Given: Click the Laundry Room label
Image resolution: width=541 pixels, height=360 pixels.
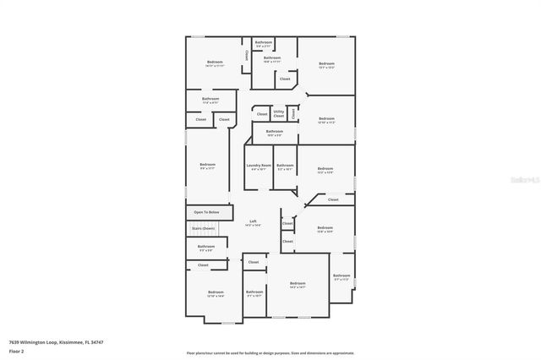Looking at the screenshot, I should pyautogui.click(x=259, y=166).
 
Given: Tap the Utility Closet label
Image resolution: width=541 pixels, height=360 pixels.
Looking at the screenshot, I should pyautogui.click(x=278, y=112).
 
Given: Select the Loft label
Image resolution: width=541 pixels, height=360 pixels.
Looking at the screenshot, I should pyautogui.click(x=253, y=221).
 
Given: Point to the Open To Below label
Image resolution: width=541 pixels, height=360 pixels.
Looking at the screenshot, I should pyautogui.click(x=206, y=212).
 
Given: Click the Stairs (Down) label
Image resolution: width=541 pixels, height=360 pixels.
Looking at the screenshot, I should pyautogui.click(x=203, y=228).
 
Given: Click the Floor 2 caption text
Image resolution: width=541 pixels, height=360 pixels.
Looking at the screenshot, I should pyautogui.click(x=18, y=351).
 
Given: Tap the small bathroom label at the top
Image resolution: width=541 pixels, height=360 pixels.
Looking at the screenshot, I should pyautogui.click(x=264, y=42).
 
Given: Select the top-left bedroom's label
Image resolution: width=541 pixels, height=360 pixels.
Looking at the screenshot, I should pyautogui.click(x=215, y=63).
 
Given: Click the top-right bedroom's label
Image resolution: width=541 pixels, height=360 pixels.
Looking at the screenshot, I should pyautogui.click(x=326, y=64).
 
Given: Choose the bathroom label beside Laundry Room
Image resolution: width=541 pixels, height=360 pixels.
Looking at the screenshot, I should pyautogui.click(x=285, y=166).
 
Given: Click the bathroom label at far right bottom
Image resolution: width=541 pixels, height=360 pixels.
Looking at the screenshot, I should pyautogui.click(x=341, y=276).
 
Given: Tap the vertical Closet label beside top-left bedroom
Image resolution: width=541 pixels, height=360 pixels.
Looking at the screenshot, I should pyautogui.click(x=246, y=55).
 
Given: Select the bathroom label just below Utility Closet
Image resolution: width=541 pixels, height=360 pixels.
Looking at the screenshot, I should pyautogui.click(x=274, y=132).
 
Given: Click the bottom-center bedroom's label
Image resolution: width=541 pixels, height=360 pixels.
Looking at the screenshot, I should pyautogui.click(x=297, y=284).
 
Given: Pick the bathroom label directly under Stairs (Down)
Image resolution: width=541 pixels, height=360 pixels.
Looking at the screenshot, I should pyautogui.click(x=206, y=247).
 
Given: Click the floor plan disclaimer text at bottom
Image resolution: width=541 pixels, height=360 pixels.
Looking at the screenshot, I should pyautogui.click(x=270, y=352).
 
